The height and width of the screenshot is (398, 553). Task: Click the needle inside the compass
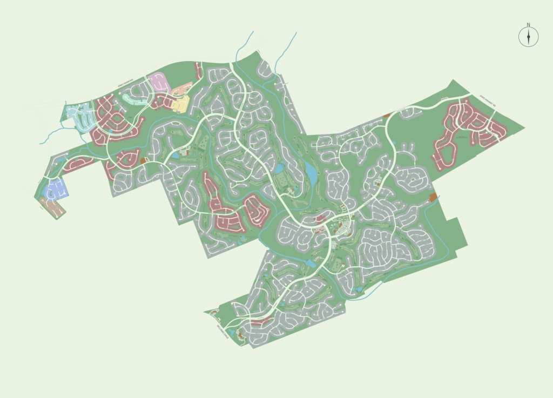[x=529, y=37]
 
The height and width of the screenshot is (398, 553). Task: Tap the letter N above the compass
[x=529, y=24]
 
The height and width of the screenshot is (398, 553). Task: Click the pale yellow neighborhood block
[x=181, y=103]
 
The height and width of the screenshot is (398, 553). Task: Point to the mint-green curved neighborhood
[x=134, y=98]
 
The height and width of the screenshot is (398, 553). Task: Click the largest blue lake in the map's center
[x=312, y=173]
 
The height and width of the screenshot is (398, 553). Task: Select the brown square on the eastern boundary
[x=433, y=198]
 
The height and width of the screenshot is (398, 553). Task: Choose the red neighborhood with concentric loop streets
[x=257, y=211]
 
